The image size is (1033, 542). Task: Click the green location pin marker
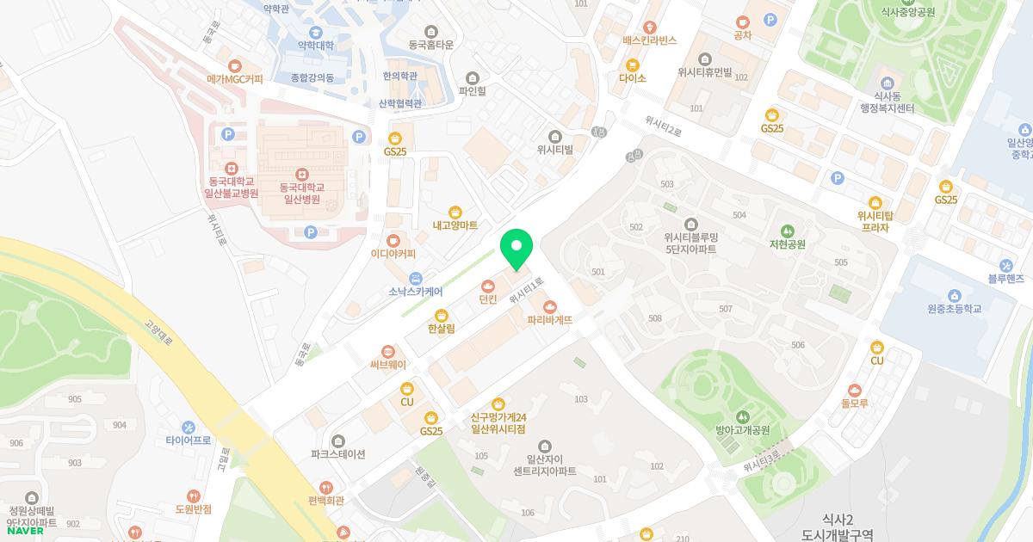[516, 249]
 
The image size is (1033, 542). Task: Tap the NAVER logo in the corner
[25, 531]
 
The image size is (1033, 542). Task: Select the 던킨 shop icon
[488, 286]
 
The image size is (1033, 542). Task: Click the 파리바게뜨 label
[550, 320]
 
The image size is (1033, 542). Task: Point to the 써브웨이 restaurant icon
[388, 351]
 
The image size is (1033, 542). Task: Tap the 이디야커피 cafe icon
[393, 240]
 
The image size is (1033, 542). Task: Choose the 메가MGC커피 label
[235, 78]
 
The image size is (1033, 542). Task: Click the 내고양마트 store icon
[455, 212]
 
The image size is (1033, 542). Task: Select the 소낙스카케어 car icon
[416, 277]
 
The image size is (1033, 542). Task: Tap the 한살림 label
[441, 329]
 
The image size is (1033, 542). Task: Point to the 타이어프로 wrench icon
[189, 427]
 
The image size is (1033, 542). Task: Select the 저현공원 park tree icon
[787, 231]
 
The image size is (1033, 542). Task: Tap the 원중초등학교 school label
[955, 309]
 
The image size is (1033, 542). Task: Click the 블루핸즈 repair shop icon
[1005, 265]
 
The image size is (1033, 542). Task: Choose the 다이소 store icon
[633, 65]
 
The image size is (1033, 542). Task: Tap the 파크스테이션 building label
[338, 454]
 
